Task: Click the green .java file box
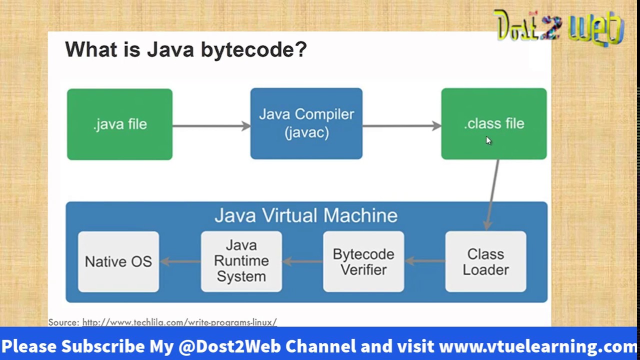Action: [119, 124]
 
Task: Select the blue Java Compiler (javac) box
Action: [306, 124]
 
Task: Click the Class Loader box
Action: [485, 261]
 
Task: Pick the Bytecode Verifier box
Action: [363, 261]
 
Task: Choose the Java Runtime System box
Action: [241, 261]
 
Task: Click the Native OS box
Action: [118, 261]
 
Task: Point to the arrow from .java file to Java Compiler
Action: [211, 126]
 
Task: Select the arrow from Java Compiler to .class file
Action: [401, 126]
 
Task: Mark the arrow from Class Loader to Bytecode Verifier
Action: [424, 260]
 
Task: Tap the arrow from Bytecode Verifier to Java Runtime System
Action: [302, 260]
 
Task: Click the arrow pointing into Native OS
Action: [180, 261]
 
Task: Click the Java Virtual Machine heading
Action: [306, 215]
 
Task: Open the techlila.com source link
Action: [179, 322]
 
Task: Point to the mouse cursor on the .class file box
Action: [488, 140]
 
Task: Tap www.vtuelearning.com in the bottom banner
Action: [537, 346]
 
